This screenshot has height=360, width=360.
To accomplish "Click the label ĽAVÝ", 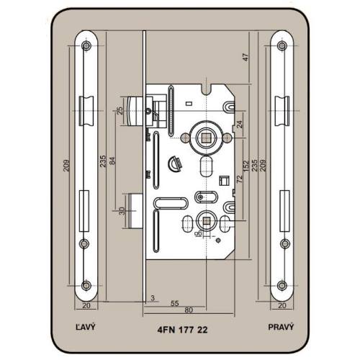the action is tap(85, 327).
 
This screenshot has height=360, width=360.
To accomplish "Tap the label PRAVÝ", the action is tap(281, 327).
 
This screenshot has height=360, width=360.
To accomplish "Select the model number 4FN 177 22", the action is tap(182, 330).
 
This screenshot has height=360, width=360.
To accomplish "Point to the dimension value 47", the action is tap(246, 57).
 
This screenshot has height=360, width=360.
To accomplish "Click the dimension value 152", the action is tap(246, 166).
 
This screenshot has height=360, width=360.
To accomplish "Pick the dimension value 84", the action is tap(112, 161).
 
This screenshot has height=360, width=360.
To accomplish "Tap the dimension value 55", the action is tap(174, 303).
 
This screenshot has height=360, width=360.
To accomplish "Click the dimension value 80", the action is tap(189, 310).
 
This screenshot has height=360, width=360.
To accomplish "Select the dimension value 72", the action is tap(240, 179).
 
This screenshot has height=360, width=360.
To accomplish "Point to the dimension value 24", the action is tap(240, 124).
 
